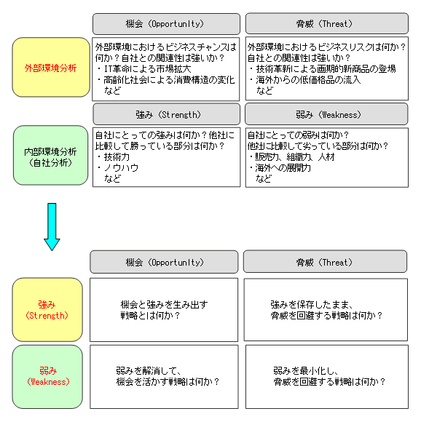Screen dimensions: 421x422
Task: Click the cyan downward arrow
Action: click(x=52, y=226)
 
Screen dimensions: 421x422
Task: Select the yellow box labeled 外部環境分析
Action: click(x=51, y=67)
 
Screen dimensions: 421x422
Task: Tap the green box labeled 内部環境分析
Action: click(x=51, y=155)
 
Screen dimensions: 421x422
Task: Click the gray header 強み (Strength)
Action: click(x=167, y=114)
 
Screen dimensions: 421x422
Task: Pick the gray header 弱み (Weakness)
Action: click(x=326, y=114)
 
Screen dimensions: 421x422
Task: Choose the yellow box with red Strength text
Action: click(x=47, y=310)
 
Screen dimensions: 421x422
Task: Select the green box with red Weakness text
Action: click(x=47, y=377)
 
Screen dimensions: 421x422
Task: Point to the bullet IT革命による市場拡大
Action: click(x=144, y=69)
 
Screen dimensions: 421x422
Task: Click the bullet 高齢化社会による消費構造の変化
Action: click(x=166, y=80)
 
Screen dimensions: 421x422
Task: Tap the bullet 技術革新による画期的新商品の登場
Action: click(x=323, y=69)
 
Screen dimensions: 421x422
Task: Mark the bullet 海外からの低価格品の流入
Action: click(x=305, y=80)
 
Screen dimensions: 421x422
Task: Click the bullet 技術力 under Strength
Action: click(x=114, y=156)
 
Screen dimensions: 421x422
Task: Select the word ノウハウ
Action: click(x=121, y=168)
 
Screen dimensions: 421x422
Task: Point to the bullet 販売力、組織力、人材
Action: click(x=292, y=156)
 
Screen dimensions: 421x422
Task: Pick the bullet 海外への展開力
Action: click(x=280, y=168)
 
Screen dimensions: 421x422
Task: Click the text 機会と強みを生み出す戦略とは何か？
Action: click(x=165, y=310)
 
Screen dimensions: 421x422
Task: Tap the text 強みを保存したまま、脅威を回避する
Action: click(x=312, y=310)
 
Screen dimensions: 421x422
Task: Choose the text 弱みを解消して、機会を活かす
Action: click(x=148, y=376)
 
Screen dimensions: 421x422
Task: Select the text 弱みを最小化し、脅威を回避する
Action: click(x=306, y=376)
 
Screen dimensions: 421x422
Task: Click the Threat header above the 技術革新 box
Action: click(x=327, y=23)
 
